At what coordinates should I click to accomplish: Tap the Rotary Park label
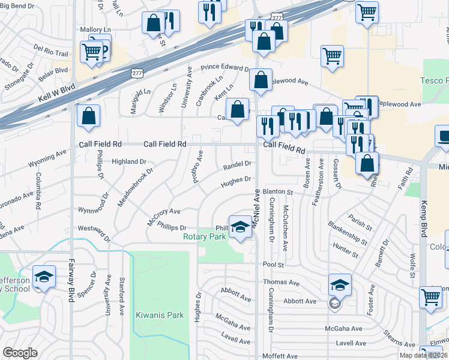pyautogui.click(x=205, y=236)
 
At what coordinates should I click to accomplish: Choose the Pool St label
pyautogui.click(x=272, y=264)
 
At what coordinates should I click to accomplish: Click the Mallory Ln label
pyautogui.click(x=95, y=29)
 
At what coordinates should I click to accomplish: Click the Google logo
pyautogui.click(x=20, y=353)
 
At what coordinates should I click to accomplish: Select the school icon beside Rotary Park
pyautogui.click(x=240, y=227)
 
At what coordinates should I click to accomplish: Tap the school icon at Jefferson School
pyautogui.click(x=44, y=277)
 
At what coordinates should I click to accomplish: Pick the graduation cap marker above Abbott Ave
pyautogui.click(x=340, y=284)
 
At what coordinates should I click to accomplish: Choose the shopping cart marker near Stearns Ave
pyautogui.click(x=431, y=296)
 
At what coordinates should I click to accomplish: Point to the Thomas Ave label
pyautogui.click(x=282, y=282)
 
